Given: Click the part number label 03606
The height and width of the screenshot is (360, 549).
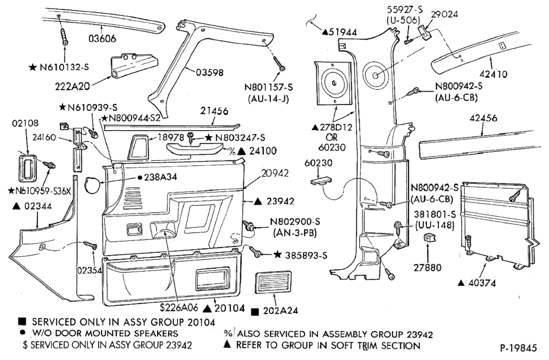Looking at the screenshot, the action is (x=102, y=38).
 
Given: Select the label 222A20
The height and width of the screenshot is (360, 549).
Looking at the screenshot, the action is (x=72, y=86).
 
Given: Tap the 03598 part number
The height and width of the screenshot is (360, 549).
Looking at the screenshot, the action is (x=209, y=72).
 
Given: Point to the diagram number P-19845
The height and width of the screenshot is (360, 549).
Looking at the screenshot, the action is (x=519, y=348).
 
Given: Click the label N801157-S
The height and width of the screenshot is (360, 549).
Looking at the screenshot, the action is (x=268, y=87).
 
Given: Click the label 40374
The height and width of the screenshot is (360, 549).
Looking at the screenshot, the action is (x=482, y=283).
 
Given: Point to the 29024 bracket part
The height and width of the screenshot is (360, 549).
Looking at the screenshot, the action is (x=426, y=33).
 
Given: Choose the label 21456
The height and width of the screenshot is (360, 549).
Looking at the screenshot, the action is (x=214, y=111).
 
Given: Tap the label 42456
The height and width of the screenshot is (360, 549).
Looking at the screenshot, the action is (x=483, y=118).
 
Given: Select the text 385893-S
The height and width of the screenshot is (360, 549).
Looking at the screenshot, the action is (x=306, y=255).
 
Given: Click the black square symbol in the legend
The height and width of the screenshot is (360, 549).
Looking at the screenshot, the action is (x=22, y=321).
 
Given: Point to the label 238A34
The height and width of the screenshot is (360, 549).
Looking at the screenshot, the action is (x=161, y=177).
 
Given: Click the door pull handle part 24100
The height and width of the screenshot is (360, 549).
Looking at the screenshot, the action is (x=194, y=149).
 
